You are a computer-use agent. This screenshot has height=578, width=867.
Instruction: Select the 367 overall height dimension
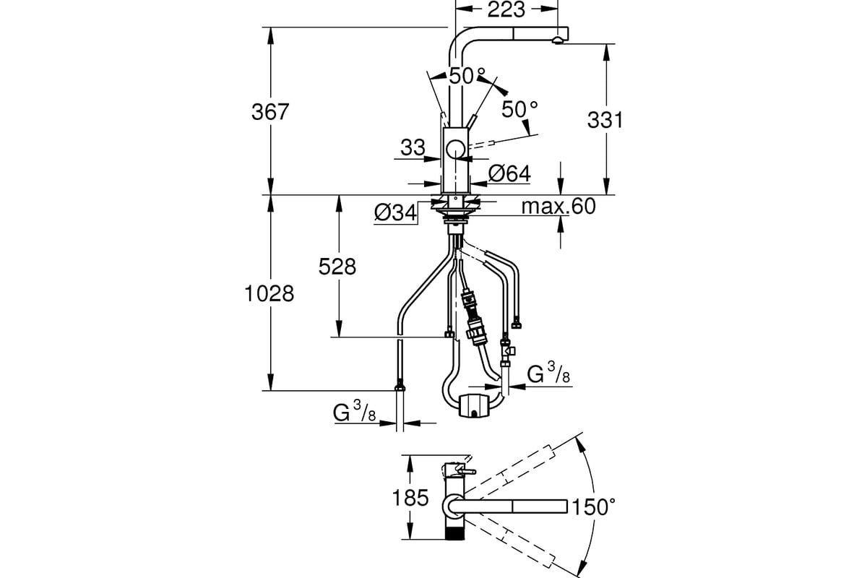(270, 112)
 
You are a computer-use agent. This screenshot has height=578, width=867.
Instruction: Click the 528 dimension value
(337, 267)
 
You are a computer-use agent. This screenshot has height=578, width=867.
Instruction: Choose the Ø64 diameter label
(509, 173)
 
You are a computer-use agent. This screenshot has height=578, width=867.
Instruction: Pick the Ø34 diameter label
(396, 212)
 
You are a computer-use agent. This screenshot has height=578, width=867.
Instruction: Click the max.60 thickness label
(558, 207)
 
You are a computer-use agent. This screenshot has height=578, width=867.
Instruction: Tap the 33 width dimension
(413, 147)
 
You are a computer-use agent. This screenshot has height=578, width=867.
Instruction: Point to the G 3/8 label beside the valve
(547, 375)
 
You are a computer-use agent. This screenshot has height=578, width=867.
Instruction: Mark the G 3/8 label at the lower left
(354, 413)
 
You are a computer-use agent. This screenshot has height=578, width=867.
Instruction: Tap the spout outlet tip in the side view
(559, 40)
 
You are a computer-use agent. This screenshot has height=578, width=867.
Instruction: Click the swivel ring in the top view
(454, 506)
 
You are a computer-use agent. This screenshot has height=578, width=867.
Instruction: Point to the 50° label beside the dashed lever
(520, 109)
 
